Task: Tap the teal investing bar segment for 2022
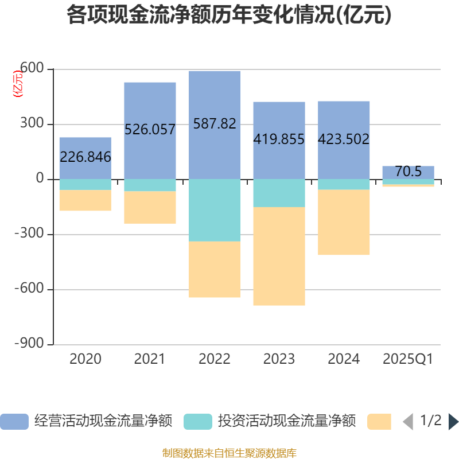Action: point(215,210)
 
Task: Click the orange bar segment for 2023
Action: point(279,256)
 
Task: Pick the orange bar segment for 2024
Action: point(344,223)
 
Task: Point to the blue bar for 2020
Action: point(85,143)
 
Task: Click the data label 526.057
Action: point(150,130)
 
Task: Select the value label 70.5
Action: point(408,172)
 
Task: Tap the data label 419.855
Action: point(279,139)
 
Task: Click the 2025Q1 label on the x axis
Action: point(408,359)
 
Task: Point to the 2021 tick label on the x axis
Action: point(149,359)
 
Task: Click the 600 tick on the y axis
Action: point(32,69)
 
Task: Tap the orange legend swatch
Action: point(379,422)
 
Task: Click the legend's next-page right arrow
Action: point(453,422)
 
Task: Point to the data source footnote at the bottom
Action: point(229,453)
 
